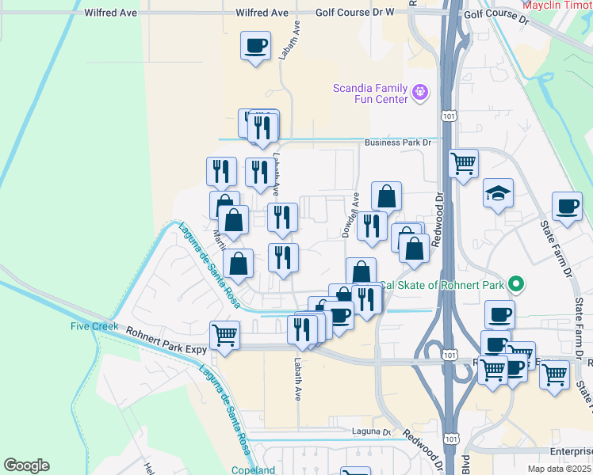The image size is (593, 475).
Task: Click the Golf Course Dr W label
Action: tap(354, 13)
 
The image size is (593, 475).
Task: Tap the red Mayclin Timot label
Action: tap(557, 4)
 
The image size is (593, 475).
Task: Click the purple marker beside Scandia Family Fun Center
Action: tap(420, 93)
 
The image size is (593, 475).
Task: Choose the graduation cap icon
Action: tap(498, 193)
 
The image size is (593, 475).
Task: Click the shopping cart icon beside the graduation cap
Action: tap(463, 163)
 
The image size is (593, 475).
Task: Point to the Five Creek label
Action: tap(94, 326)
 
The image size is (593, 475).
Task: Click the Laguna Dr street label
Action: tap(372, 432)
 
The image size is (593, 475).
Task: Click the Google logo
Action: tap(26, 465)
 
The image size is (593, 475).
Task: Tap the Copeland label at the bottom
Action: tap(253, 470)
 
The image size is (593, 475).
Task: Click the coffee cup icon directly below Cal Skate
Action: tap(499, 314)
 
